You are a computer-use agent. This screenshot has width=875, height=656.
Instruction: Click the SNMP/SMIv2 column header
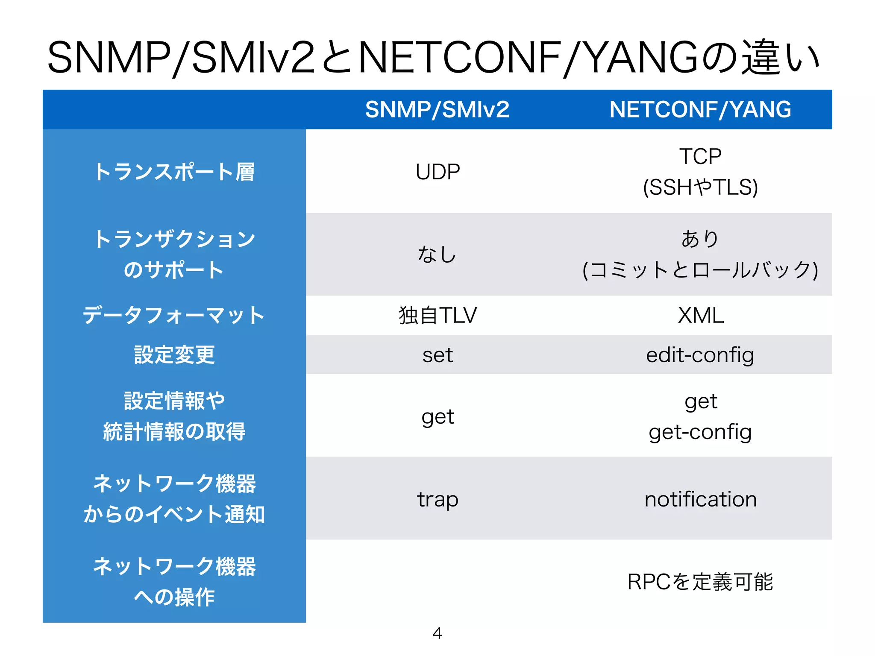[437, 109]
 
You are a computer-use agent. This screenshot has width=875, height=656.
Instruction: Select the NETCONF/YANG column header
[700, 109]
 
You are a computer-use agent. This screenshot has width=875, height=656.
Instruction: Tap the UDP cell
[437, 172]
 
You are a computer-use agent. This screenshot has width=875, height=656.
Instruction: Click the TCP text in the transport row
[700, 156]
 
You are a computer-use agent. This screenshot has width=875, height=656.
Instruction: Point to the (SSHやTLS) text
[700, 187]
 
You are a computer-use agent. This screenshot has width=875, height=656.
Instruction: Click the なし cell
[437, 255]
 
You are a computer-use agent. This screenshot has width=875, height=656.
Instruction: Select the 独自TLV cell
[437, 315]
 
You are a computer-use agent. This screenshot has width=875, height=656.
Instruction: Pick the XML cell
[701, 315]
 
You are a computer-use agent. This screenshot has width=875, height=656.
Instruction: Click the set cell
[437, 355]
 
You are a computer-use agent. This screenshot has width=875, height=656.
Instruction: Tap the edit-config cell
[700, 355]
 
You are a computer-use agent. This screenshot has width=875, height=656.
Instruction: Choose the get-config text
[700, 432]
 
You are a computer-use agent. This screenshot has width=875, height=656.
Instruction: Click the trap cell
[437, 499]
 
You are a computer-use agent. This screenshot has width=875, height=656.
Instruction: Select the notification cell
[700, 499]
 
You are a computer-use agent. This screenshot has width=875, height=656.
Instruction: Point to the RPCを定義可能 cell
[700, 582]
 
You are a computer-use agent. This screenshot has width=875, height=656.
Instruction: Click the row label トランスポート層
[174, 172]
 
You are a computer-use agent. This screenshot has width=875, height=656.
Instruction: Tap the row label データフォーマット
[174, 315]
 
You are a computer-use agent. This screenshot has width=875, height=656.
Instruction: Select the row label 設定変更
[174, 355]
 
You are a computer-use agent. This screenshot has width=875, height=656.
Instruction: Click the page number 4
[437, 633]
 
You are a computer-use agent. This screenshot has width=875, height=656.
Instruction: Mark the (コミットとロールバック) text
[700, 270]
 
